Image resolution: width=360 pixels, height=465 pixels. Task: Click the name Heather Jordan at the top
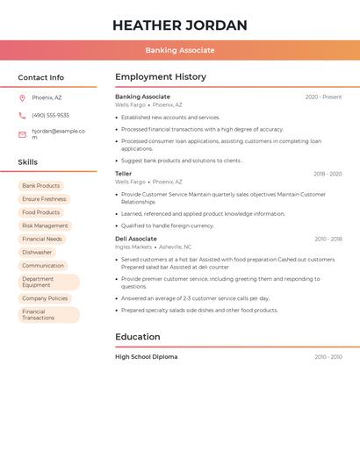180,25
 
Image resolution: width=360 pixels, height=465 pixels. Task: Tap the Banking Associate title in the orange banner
180,51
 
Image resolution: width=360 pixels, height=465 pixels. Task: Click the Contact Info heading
40,77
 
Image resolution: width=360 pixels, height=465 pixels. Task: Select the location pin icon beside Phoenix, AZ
22,97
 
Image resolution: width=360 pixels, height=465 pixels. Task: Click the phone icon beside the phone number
22,115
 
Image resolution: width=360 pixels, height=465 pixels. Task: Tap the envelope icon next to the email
22,134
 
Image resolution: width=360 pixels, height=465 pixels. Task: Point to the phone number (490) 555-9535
50,115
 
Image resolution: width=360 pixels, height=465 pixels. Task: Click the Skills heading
27,162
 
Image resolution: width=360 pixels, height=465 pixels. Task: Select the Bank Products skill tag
41,186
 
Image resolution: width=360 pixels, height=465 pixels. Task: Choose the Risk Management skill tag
45,225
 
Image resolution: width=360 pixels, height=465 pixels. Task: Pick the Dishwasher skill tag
37,252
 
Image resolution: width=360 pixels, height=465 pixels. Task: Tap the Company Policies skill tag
45,298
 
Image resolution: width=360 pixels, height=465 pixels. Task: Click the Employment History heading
161,77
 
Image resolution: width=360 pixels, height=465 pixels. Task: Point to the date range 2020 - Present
323,97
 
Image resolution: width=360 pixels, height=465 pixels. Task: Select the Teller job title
124,174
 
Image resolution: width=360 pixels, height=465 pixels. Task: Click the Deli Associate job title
136,239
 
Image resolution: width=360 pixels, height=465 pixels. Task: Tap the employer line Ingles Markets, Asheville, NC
153,247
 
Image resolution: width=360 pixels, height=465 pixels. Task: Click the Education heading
138,337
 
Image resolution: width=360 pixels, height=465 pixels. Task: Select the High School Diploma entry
146,357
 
